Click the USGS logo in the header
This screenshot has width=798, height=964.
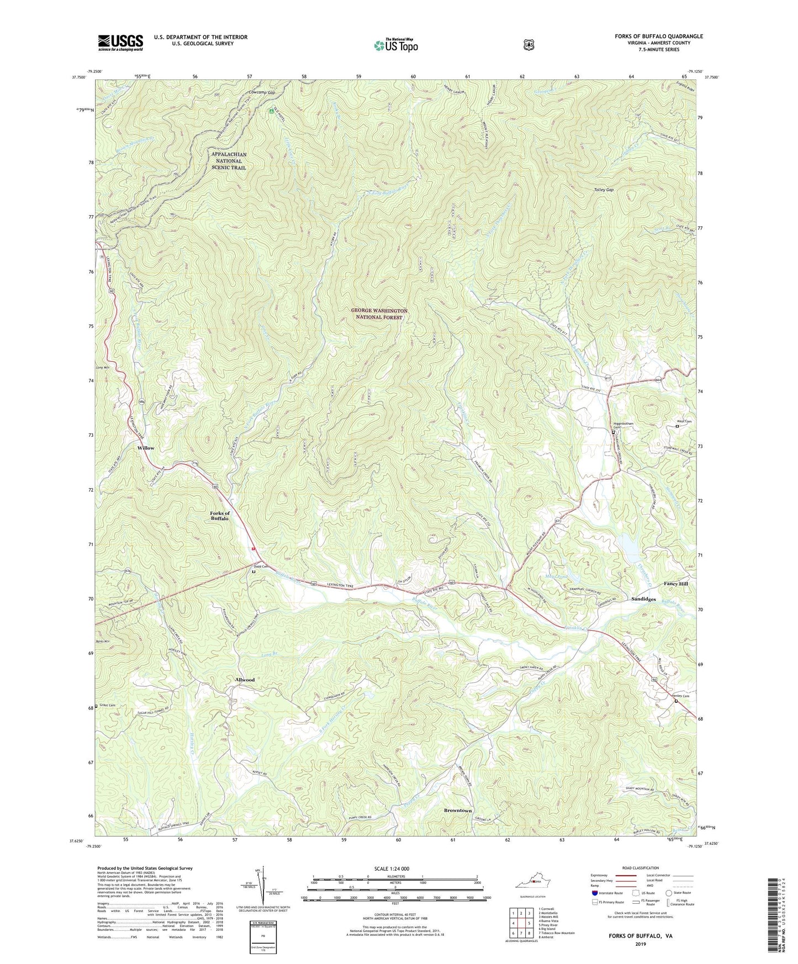120,43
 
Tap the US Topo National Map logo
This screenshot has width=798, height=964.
395,45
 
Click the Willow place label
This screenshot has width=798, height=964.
146,448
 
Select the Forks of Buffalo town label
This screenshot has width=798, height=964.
220,516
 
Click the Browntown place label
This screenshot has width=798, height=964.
458,811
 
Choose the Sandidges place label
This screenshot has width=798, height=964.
643,599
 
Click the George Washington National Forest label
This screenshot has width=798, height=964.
379,314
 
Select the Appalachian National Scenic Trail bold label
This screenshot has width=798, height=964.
228,161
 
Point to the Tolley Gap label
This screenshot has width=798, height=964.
603,189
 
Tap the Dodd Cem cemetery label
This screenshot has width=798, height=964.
261,566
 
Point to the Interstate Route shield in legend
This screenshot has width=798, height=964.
594,893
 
